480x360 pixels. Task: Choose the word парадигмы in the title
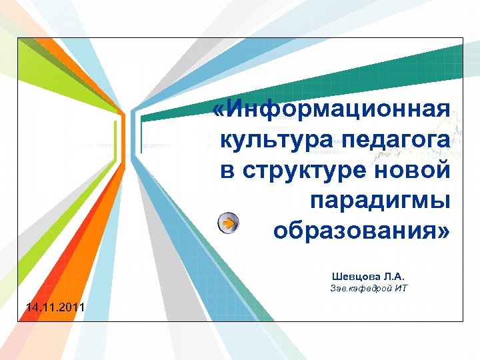[x=380, y=201]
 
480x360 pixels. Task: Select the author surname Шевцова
[x=356, y=276]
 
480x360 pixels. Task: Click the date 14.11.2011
[x=54, y=307]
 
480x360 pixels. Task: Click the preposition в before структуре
[x=227, y=170]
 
